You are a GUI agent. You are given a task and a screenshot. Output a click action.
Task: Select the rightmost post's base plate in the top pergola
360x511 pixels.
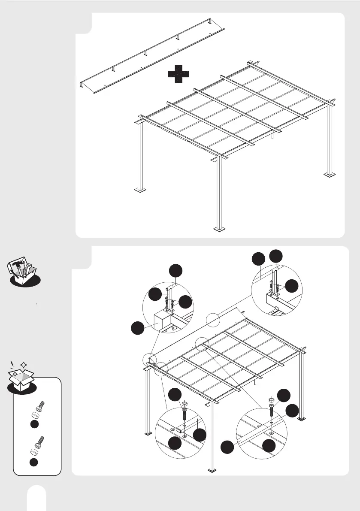click(x=330, y=175)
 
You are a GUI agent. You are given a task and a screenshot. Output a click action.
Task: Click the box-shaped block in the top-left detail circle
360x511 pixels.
click(x=162, y=321)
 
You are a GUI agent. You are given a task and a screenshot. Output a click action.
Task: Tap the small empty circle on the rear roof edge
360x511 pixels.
click(x=213, y=320)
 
